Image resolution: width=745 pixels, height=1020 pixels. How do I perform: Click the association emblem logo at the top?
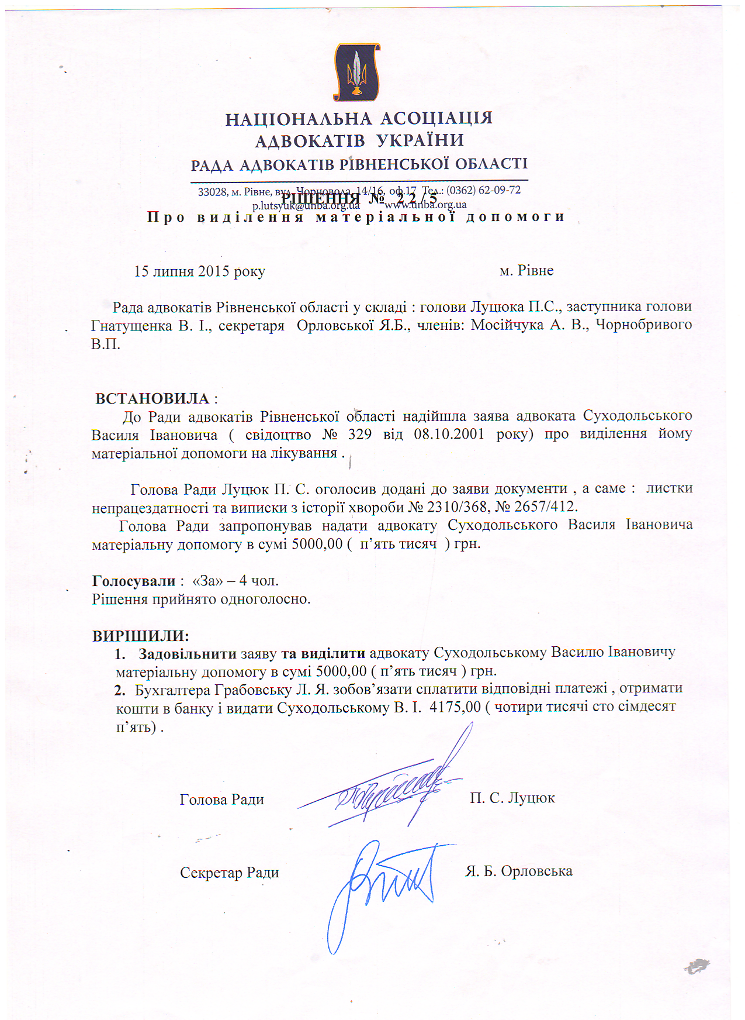click(x=356, y=72)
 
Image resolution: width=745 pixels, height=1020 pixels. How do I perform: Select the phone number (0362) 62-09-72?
click(x=483, y=190)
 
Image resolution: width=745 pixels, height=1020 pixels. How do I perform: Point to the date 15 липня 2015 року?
click(x=199, y=271)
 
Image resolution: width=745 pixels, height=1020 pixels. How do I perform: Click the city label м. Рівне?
click(x=526, y=270)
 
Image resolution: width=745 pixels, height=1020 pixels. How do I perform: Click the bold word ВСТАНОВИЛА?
click(x=153, y=398)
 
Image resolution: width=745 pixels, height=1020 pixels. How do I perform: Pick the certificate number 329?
click(x=359, y=435)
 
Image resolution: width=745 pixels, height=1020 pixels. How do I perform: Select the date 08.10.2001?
click(x=449, y=434)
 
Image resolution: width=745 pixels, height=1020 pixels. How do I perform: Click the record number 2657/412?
click(x=545, y=506)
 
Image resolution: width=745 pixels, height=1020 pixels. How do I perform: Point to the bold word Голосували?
click(x=134, y=581)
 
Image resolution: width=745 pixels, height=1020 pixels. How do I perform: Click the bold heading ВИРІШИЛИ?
click(x=141, y=635)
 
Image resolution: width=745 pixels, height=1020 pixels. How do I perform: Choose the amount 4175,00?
click(x=455, y=707)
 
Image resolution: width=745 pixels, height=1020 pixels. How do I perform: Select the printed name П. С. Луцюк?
click(x=512, y=798)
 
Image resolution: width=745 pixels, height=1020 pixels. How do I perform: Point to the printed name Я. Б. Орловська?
click(x=518, y=871)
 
